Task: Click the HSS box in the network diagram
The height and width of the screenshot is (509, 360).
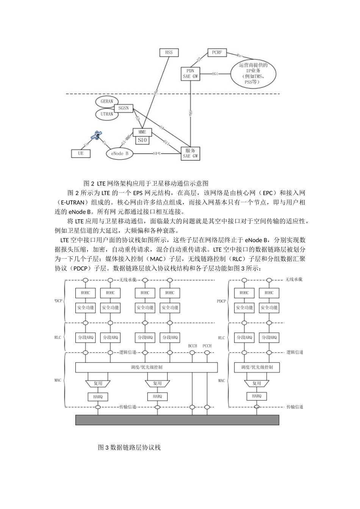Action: [169, 52]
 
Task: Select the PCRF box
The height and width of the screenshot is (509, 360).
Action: [217, 53]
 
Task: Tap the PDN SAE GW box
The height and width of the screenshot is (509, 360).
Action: [190, 73]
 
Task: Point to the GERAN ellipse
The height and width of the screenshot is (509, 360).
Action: [107, 101]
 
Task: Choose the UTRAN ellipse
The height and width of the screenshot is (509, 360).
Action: [107, 114]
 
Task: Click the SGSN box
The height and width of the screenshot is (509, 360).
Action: [124, 108]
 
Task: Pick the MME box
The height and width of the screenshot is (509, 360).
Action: [142, 132]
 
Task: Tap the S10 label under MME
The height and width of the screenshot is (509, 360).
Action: [142, 140]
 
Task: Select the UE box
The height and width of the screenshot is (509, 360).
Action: [81, 153]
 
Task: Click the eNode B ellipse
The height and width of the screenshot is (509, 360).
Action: [120, 153]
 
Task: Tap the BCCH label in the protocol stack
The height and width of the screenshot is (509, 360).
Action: [193, 346]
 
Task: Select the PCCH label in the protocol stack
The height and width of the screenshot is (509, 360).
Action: [207, 346]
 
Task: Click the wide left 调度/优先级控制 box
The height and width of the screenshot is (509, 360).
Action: [147, 367]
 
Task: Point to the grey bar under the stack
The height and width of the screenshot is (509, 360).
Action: [177, 420]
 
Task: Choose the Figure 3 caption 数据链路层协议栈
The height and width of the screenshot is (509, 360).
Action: [129, 447]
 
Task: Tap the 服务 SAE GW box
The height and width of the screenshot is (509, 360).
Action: [190, 153]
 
